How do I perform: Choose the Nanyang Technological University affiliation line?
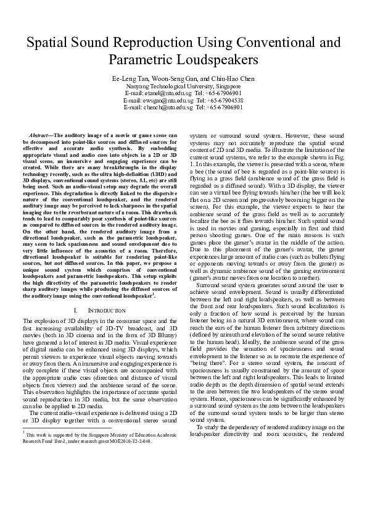(x=183, y=88)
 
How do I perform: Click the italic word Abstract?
(x=41, y=134)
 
